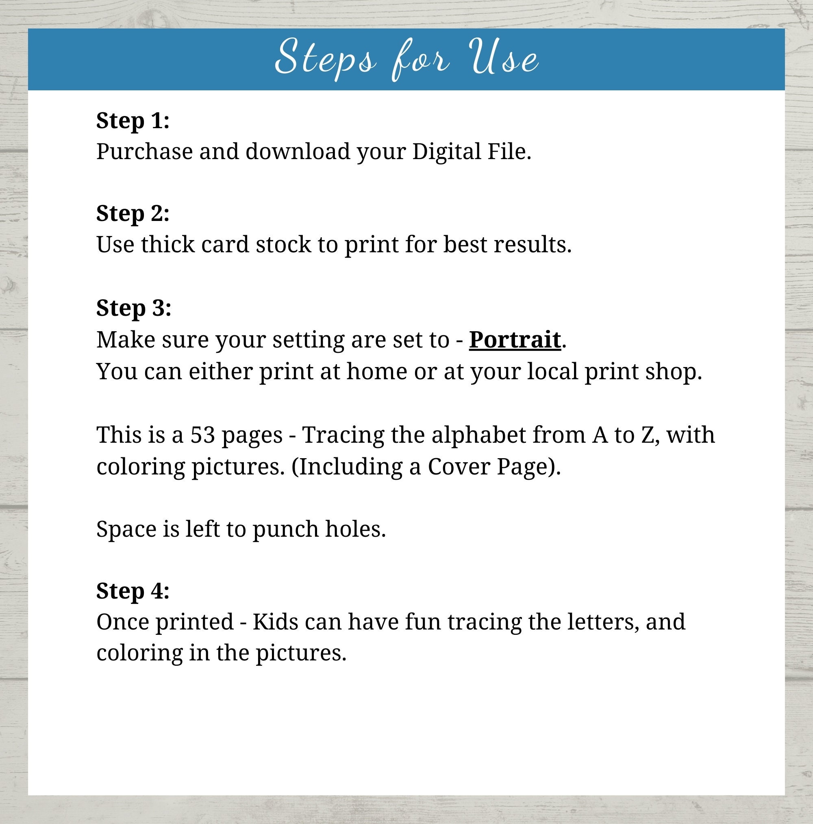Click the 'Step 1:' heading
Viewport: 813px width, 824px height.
tap(133, 121)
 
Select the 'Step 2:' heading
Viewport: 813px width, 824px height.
tap(133, 213)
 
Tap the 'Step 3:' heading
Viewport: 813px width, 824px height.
tap(133, 308)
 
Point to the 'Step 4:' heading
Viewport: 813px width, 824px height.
tap(133, 591)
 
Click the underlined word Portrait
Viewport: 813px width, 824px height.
tap(515, 340)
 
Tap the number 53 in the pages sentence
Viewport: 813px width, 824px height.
tap(202, 435)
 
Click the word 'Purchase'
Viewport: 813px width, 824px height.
tap(144, 152)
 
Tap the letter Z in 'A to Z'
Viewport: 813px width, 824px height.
tap(646, 435)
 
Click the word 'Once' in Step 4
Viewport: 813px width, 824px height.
tap(122, 622)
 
